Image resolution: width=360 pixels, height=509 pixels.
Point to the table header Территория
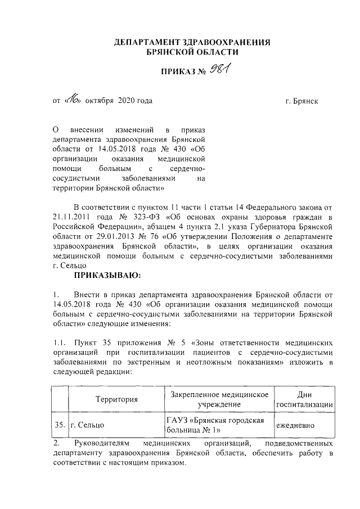pos(116,400)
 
